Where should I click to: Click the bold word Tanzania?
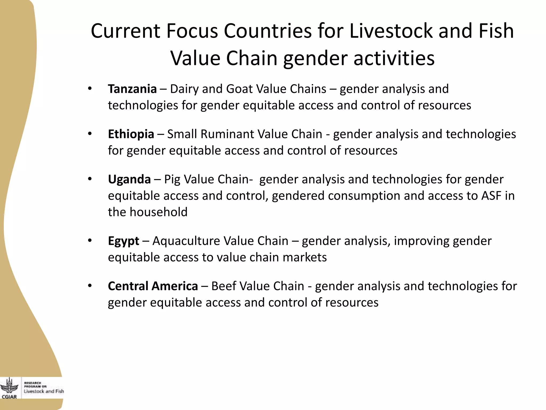132,89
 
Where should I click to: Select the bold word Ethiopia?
131,134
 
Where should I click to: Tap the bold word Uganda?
129,179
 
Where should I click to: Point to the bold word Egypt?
123,241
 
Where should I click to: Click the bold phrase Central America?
153,286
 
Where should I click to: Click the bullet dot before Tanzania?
90,89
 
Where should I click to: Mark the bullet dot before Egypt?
90,241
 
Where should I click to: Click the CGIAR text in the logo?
9,397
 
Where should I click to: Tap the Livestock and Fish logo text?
44,391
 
